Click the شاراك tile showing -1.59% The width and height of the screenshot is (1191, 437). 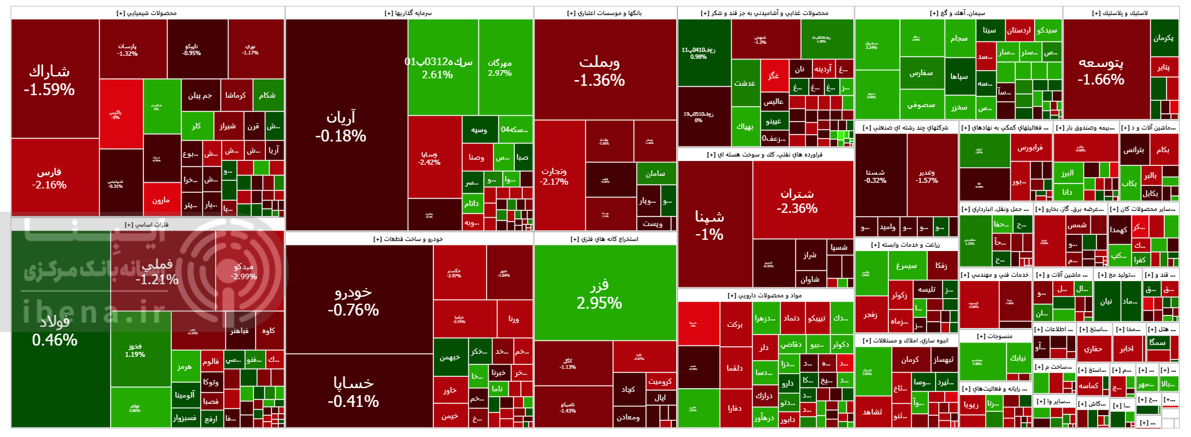(49, 80)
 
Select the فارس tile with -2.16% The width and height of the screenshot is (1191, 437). (49, 178)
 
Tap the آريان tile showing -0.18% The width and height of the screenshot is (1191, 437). (341, 126)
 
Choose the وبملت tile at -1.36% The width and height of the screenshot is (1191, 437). (599, 71)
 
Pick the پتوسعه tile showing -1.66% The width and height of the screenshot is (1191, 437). (1101, 71)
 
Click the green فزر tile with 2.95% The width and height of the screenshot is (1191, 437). (599, 294)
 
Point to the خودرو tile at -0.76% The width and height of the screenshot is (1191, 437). (353, 301)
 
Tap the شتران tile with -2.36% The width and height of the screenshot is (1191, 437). (797, 201)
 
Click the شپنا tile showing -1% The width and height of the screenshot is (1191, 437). (709, 225)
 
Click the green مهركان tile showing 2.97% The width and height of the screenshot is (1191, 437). (500, 68)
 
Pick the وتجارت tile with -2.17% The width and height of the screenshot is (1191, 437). (554, 176)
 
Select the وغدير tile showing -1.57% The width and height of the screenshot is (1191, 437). (927, 176)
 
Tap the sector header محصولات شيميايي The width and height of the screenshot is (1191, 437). (147, 13)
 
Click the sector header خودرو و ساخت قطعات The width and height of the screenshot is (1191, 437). (408, 239)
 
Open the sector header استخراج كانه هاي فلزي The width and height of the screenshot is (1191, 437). (605, 239)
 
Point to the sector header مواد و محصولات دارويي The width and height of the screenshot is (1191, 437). (765, 296)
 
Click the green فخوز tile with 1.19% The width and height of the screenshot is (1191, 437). (135, 350)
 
